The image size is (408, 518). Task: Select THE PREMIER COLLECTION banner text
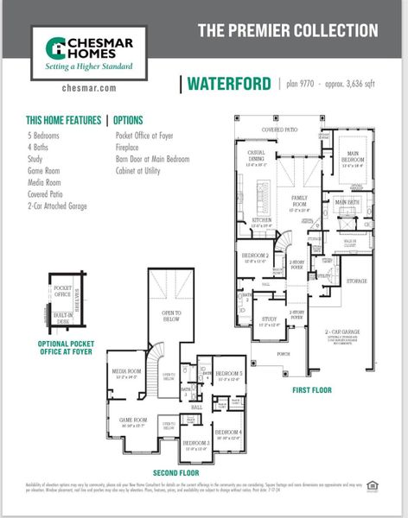coord(288,31)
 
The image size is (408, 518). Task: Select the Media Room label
coord(126,374)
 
